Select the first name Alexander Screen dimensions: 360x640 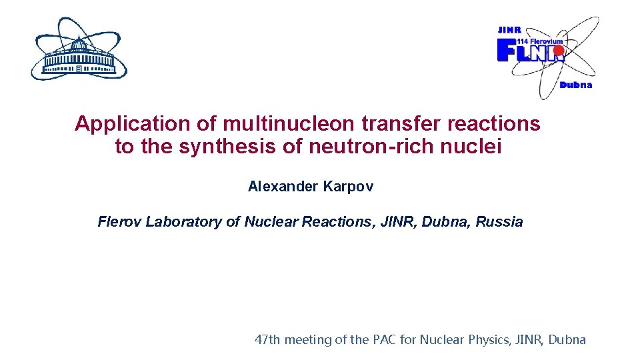(x=283, y=187)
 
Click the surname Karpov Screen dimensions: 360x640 (x=348, y=187)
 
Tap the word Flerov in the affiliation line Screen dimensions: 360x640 (x=120, y=222)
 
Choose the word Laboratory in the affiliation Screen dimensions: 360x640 (x=184, y=222)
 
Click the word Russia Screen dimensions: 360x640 (x=499, y=222)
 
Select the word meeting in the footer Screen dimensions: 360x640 (x=308, y=340)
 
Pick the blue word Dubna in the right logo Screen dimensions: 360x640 (x=575, y=85)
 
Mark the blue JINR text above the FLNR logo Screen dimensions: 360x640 (x=509, y=30)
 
